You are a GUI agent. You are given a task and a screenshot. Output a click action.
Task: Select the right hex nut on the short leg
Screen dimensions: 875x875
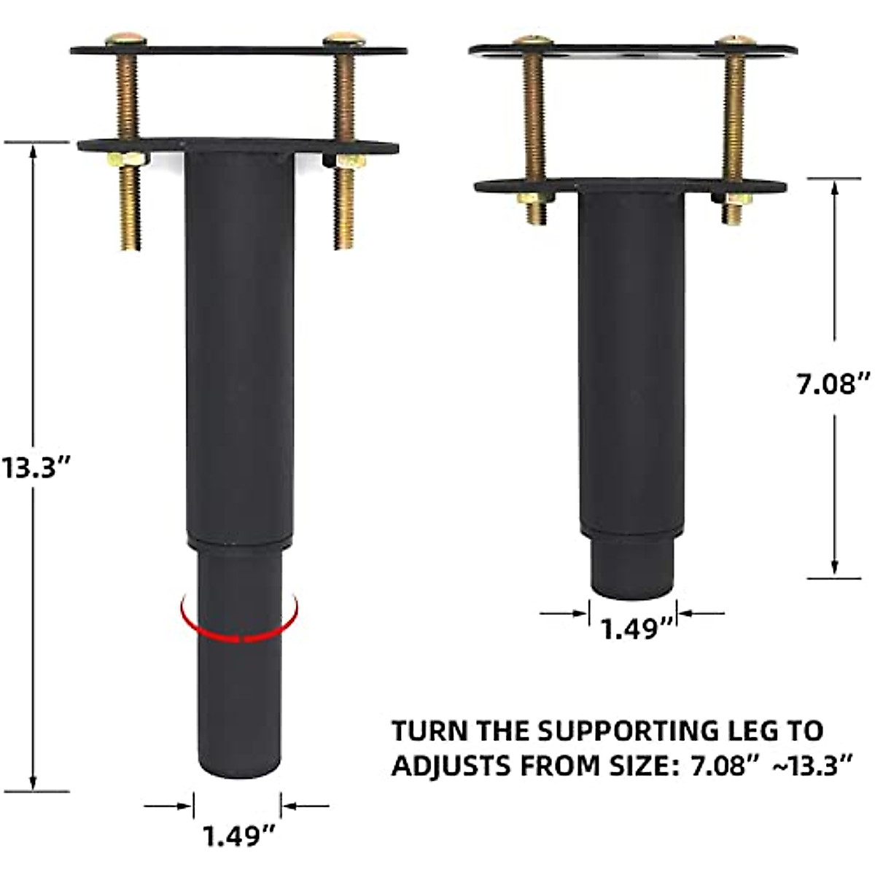733,198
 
